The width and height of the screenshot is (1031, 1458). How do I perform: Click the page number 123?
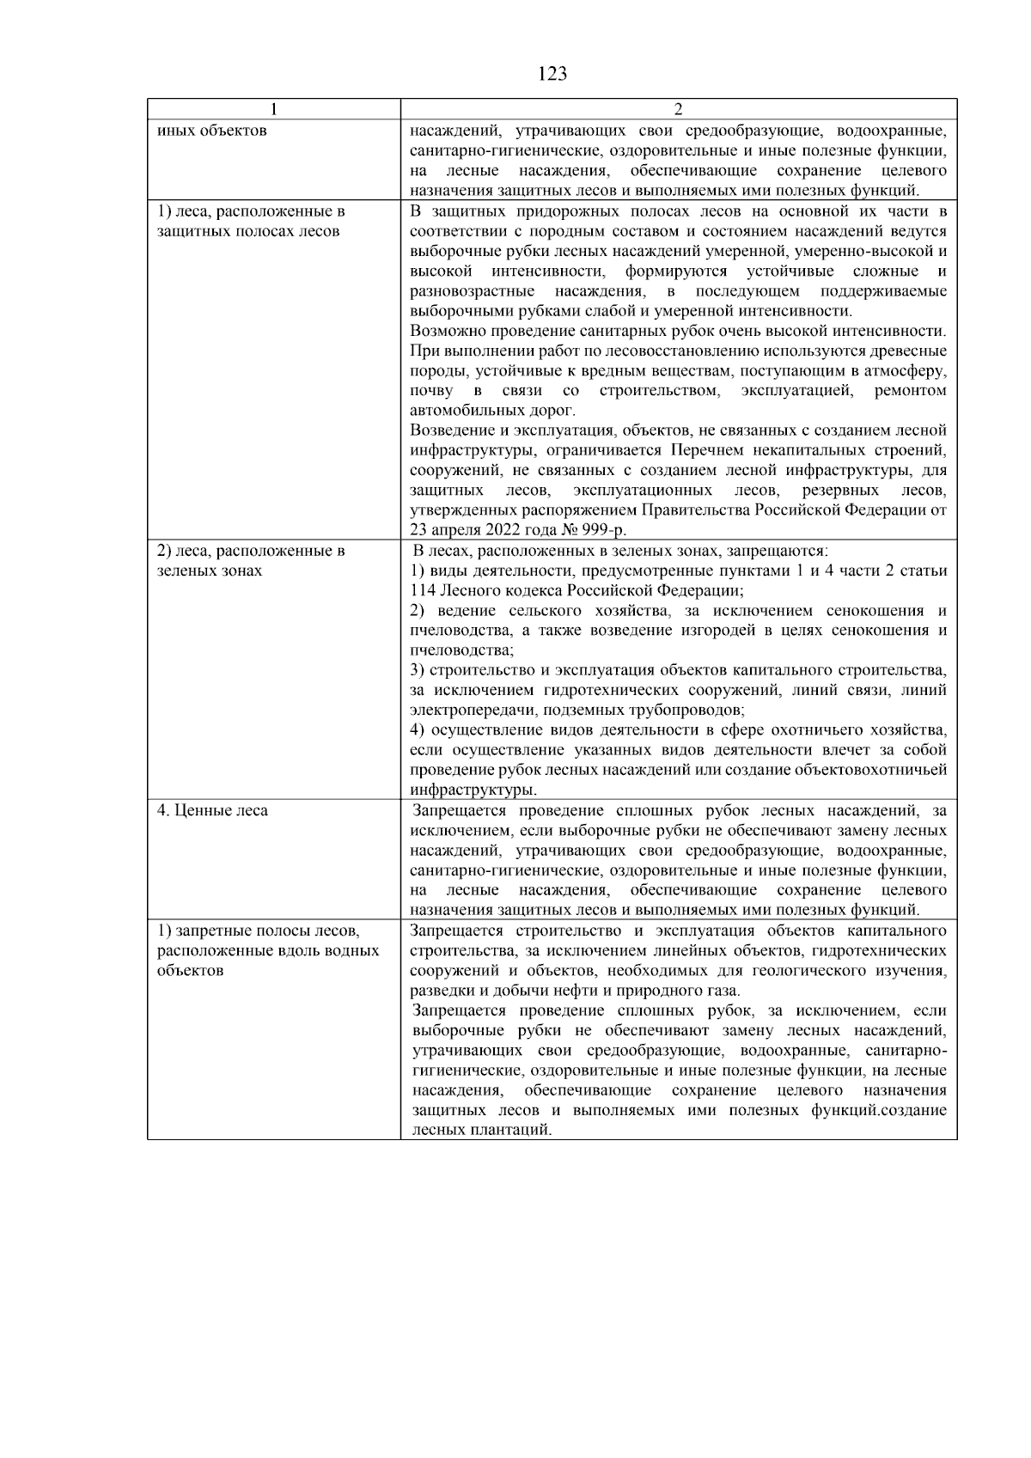tap(552, 74)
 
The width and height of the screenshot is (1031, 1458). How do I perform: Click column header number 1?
tap(273, 110)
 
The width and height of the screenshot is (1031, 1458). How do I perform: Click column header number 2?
tap(678, 110)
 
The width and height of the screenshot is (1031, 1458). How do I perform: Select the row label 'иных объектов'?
tap(211, 131)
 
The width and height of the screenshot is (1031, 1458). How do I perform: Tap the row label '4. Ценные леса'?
tap(212, 810)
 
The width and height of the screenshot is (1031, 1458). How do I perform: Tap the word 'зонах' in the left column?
tap(241, 570)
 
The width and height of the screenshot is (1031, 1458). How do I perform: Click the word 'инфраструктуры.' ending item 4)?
tap(473, 790)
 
